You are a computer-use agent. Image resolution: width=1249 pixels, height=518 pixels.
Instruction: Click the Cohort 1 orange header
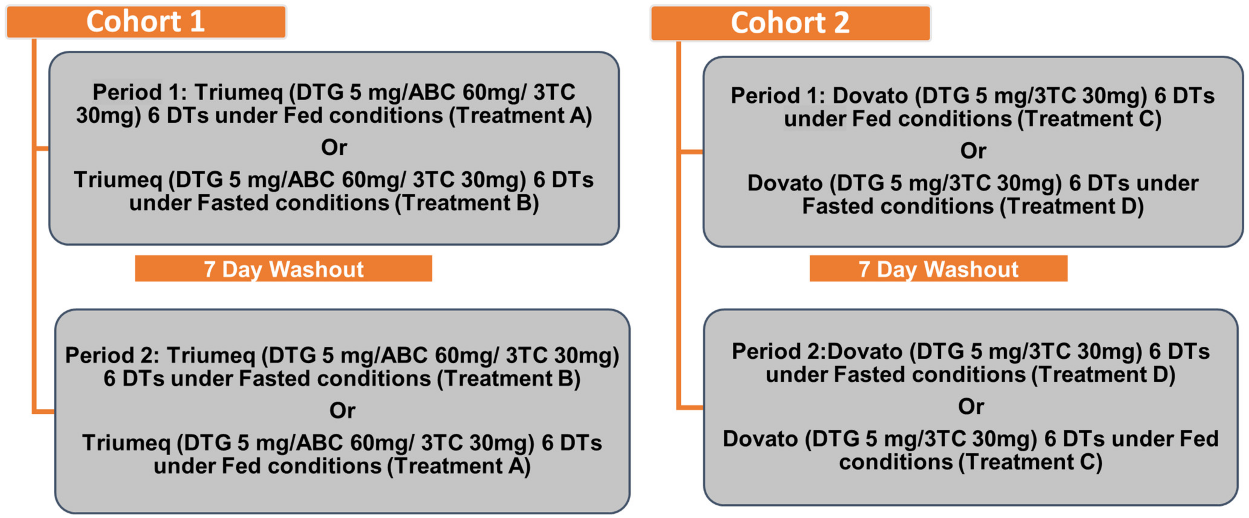(x=145, y=22)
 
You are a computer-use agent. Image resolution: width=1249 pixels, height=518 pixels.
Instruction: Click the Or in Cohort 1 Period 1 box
(x=334, y=147)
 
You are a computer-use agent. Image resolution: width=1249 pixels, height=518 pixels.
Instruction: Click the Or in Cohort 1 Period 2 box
(x=342, y=411)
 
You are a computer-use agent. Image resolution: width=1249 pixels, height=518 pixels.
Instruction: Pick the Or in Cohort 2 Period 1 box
(x=973, y=151)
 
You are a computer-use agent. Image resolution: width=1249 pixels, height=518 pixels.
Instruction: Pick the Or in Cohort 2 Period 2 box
(x=971, y=406)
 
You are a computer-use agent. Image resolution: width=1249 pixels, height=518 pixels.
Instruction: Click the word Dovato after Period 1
(x=870, y=96)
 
